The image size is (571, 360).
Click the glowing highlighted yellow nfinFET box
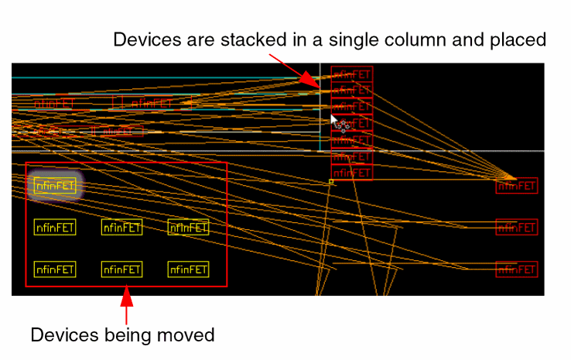tap(55, 185)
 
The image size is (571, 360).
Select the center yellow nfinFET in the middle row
tap(121, 227)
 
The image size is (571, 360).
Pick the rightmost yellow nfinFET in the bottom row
tap(188, 269)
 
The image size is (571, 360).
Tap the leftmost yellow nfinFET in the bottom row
tap(55, 269)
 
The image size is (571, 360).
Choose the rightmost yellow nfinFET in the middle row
tap(188, 227)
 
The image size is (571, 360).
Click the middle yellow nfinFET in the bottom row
tap(121, 269)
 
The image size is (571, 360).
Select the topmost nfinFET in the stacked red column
tap(352, 74)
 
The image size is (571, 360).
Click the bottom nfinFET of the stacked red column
tap(352, 173)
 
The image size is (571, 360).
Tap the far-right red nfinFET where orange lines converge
tap(517, 186)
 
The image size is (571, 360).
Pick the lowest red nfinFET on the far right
tap(517, 269)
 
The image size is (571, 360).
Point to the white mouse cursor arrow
tap(333, 119)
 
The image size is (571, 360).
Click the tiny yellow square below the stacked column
tap(331, 182)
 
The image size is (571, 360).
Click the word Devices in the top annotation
tap(141, 39)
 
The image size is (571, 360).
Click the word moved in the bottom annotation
tap(189, 335)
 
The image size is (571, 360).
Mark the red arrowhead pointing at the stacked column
tap(311, 81)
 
